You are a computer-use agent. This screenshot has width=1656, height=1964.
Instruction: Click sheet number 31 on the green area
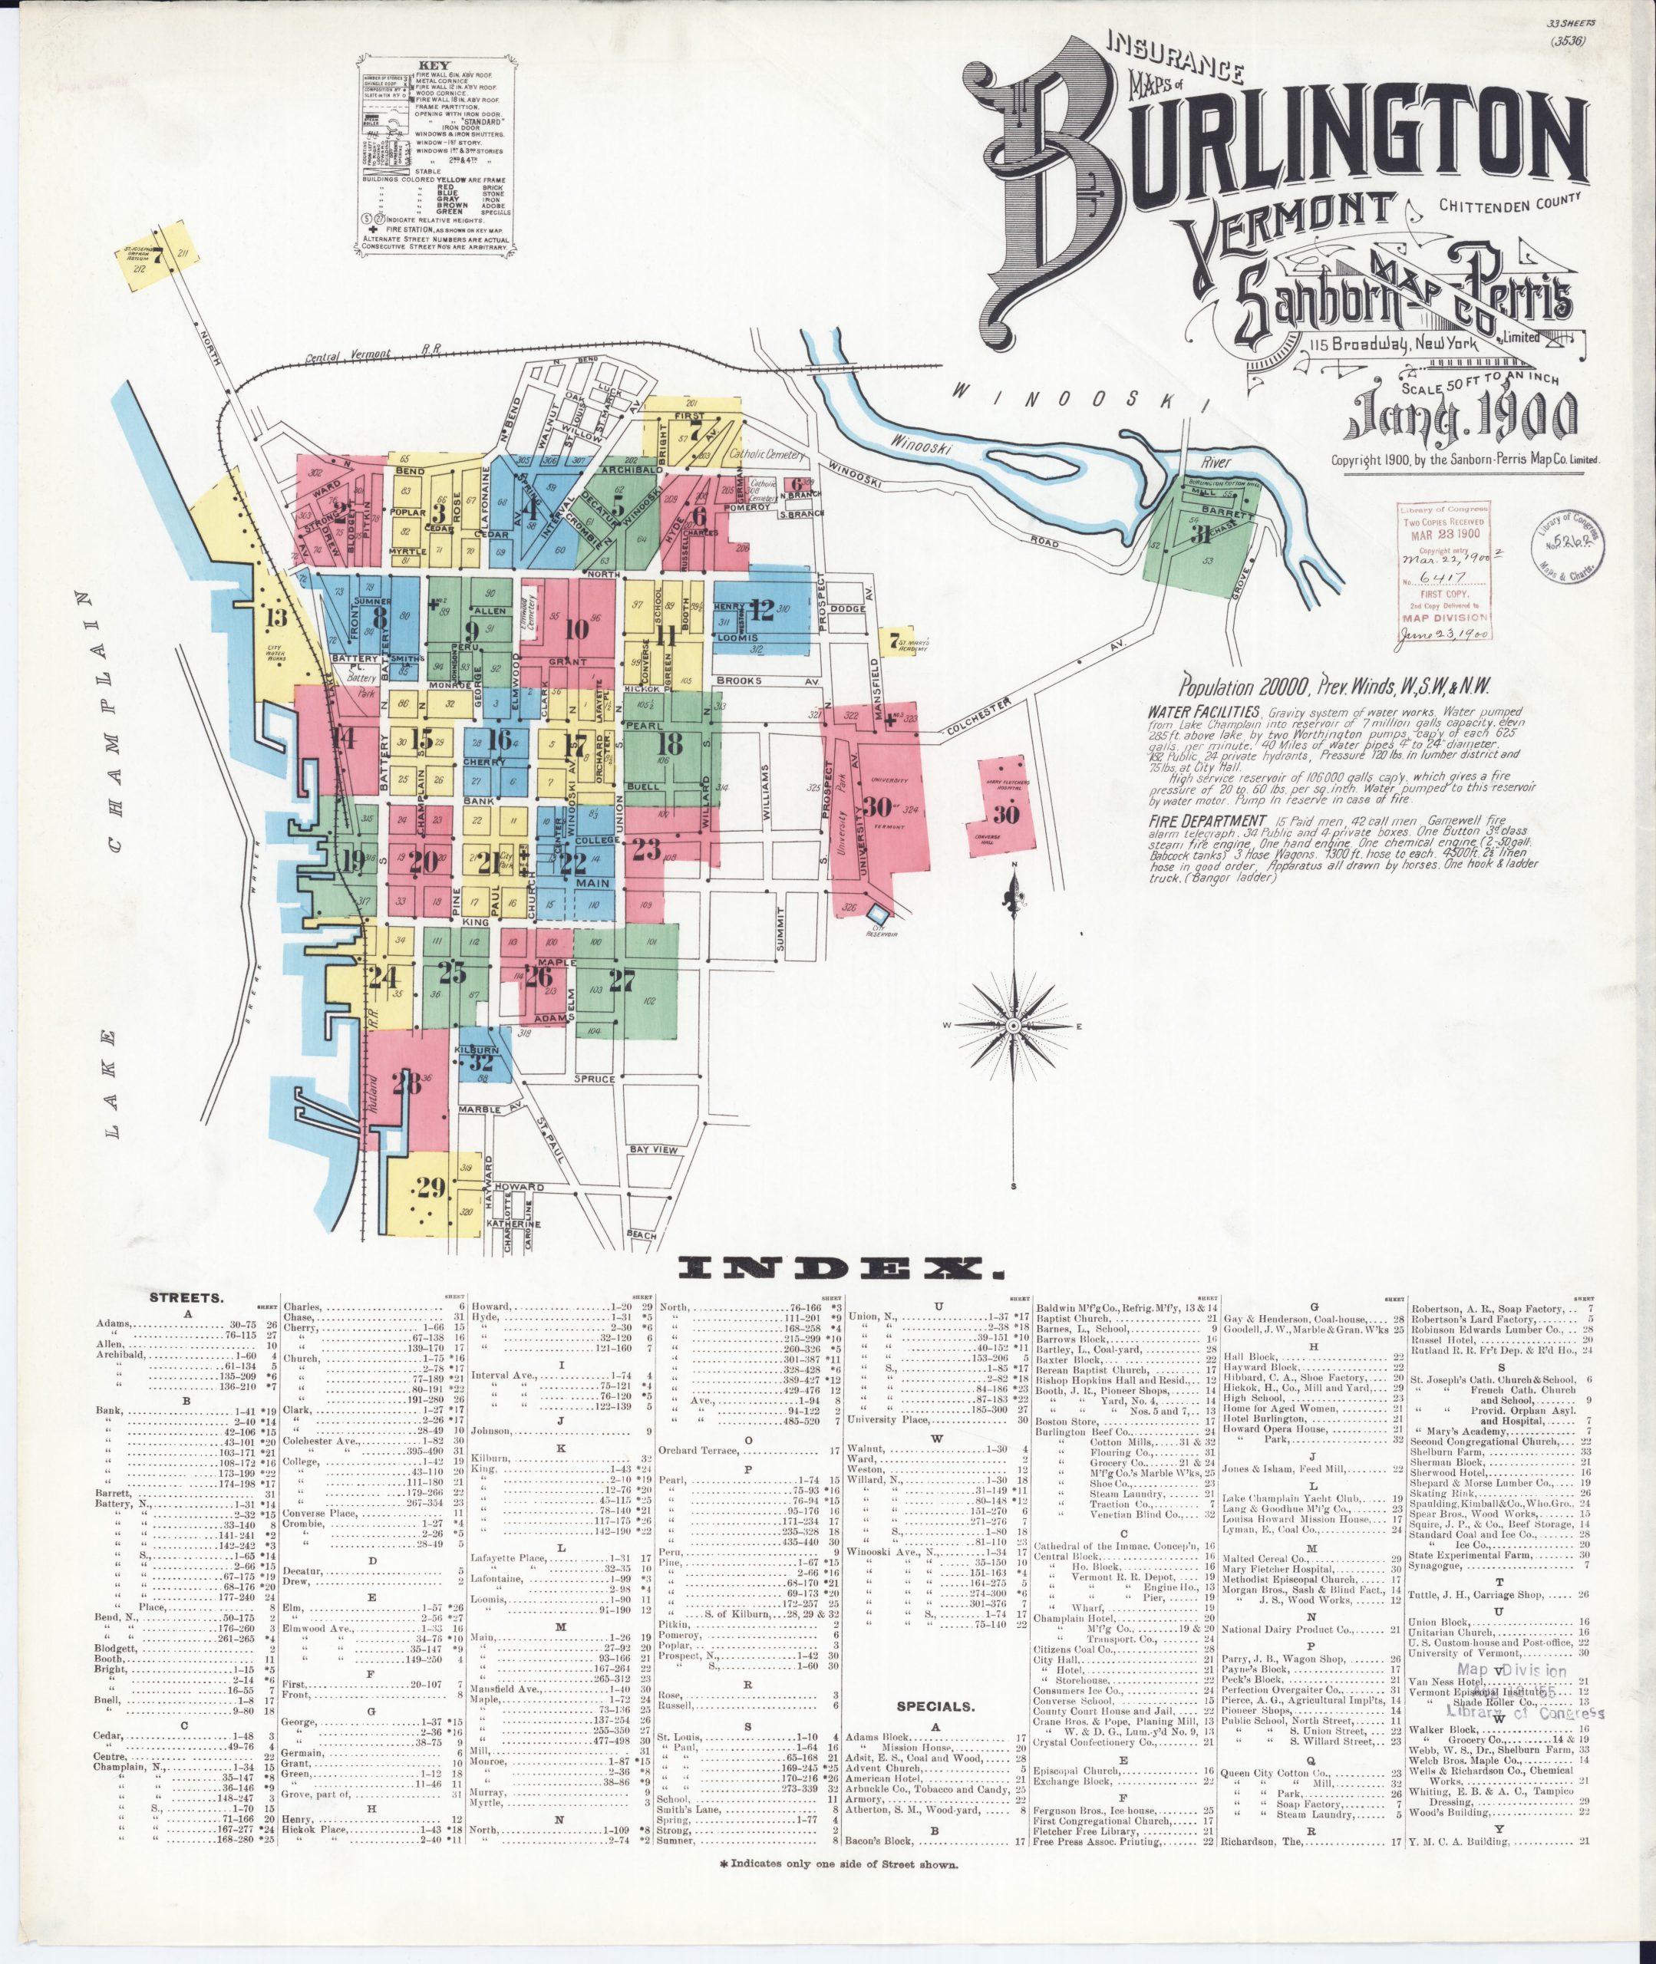click(1201, 535)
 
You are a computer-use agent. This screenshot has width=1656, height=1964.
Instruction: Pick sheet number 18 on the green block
click(669, 744)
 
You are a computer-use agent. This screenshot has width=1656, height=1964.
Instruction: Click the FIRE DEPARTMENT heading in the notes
click(1190, 819)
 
